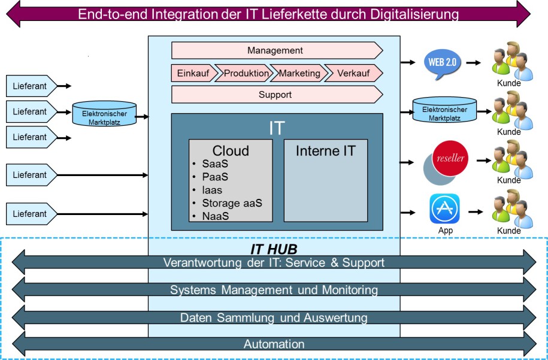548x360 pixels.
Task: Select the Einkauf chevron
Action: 192,73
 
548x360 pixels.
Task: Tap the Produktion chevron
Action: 246,73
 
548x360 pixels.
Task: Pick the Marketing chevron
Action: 299,73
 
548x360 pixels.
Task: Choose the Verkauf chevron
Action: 353,73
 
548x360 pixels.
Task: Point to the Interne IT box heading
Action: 325,151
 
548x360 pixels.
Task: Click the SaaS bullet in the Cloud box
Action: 215,164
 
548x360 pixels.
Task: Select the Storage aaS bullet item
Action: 232,203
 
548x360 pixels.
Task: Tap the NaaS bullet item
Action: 215,216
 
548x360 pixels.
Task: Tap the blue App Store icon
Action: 444,209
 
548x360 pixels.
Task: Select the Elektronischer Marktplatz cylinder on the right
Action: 444,114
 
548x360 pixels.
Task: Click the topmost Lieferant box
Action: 30,86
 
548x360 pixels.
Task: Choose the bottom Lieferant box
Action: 30,214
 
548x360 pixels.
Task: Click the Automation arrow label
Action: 274,344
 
